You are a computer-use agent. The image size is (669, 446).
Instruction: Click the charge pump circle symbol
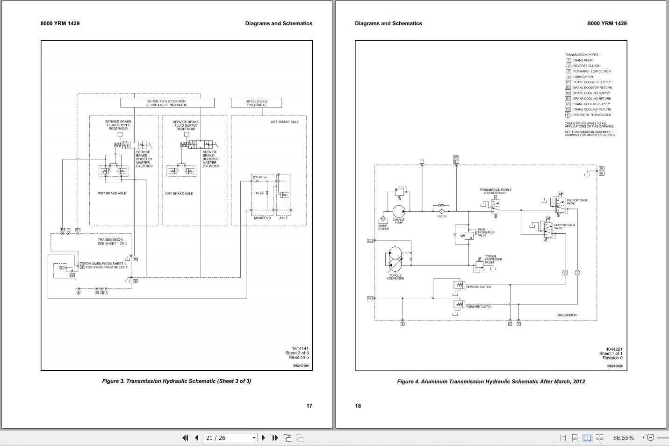click(399, 211)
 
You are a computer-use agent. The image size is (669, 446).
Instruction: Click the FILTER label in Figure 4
click(442, 216)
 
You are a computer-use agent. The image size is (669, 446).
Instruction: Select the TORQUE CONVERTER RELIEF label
click(493, 259)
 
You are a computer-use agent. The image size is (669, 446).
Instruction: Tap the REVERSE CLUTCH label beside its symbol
click(478, 287)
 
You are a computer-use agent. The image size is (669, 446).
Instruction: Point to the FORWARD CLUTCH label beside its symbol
click(479, 307)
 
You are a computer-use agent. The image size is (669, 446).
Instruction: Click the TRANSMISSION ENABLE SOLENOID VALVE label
click(495, 191)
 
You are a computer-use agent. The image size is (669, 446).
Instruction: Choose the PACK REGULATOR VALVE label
click(486, 232)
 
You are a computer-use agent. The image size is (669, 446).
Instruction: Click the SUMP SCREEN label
click(383, 227)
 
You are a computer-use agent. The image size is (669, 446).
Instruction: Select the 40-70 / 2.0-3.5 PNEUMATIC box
click(257, 103)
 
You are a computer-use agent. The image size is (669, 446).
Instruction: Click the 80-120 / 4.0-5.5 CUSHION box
click(167, 103)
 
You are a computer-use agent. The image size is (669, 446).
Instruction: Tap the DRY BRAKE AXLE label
click(179, 194)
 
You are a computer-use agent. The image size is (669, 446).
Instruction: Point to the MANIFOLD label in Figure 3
click(262, 218)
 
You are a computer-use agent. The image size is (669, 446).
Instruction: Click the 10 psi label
click(259, 193)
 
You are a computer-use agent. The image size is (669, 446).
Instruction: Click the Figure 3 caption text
click(176, 381)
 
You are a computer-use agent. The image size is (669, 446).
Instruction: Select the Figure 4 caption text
click(491, 381)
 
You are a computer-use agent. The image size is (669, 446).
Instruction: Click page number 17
click(309, 406)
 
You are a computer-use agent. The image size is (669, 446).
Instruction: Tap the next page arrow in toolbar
click(263, 438)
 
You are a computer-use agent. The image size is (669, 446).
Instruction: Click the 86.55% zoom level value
click(623, 438)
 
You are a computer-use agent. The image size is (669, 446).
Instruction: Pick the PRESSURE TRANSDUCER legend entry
click(591, 115)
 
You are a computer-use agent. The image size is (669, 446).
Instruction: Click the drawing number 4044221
click(614, 349)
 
